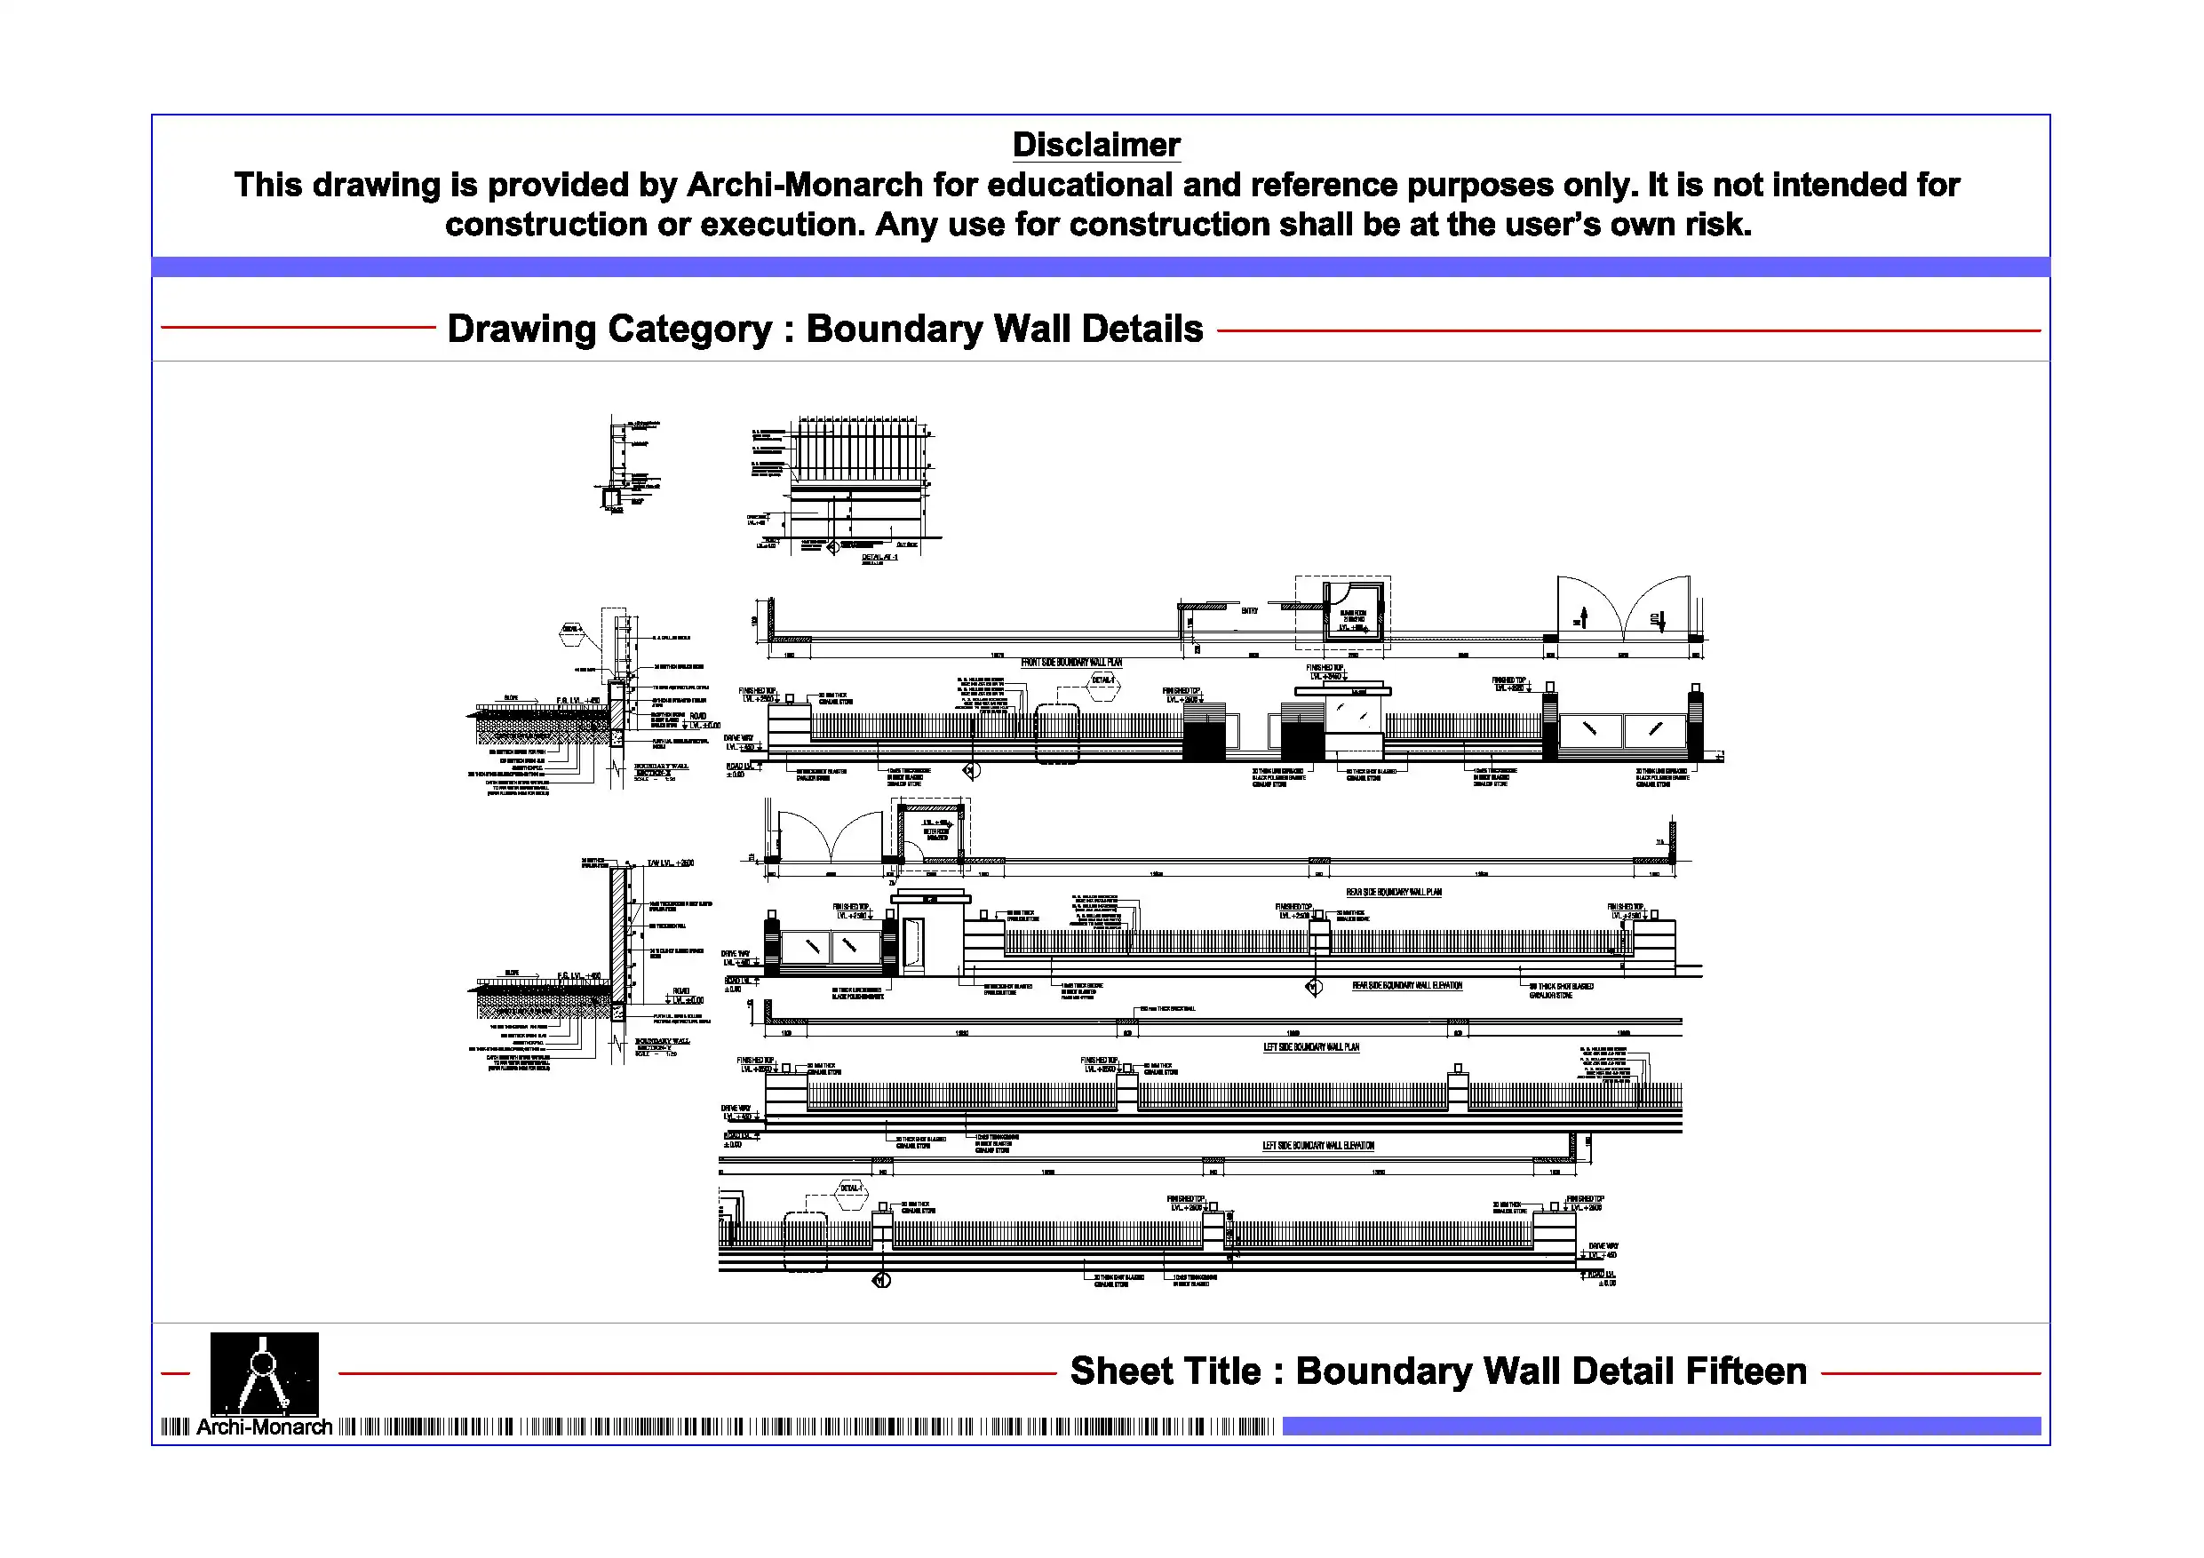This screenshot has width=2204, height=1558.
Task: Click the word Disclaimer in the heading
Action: (1095, 145)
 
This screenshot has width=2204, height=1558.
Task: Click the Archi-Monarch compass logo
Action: (264, 1371)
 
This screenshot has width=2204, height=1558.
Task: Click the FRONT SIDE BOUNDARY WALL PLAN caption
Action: (1070, 663)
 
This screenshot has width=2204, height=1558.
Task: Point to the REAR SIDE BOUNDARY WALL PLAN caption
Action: (1393, 892)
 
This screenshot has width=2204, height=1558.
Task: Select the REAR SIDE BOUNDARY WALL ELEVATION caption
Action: (1406, 985)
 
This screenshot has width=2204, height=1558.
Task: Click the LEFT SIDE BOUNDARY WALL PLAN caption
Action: (1310, 1047)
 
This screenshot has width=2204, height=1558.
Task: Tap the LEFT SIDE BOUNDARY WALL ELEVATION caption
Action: (1317, 1145)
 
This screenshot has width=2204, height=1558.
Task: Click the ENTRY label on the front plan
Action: (1249, 610)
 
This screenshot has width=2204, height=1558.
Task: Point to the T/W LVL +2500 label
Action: (670, 863)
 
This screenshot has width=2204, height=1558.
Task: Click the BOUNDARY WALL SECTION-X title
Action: (662, 769)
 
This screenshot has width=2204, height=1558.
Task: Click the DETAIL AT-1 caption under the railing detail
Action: (879, 557)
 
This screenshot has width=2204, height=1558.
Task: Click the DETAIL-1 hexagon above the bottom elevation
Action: (850, 1188)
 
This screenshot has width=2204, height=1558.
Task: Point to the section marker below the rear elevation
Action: (1314, 987)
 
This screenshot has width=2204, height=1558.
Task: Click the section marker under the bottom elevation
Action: (882, 1281)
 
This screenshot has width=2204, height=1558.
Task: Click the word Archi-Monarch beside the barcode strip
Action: (264, 1427)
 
